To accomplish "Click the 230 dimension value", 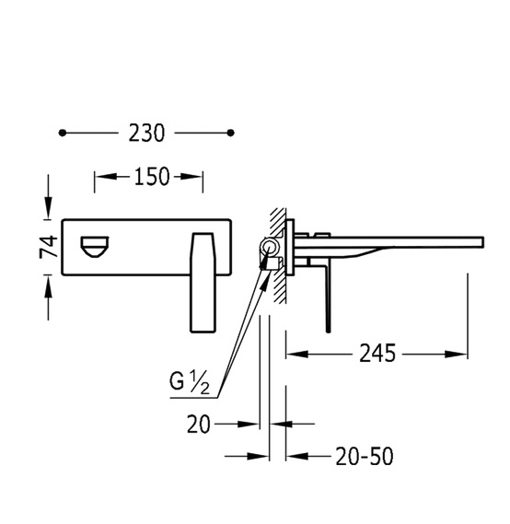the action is click(146, 133).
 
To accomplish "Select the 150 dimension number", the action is click(152, 177).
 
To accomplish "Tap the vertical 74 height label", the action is click(49, 247).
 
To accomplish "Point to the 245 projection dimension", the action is click(377, 354).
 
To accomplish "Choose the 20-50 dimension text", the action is click(365, 456).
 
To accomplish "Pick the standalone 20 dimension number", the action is click(199, 425).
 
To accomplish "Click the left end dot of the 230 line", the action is click(62, 133).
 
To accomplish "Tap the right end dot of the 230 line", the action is click(230, 133).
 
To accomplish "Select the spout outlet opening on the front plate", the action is click(95, 247).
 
